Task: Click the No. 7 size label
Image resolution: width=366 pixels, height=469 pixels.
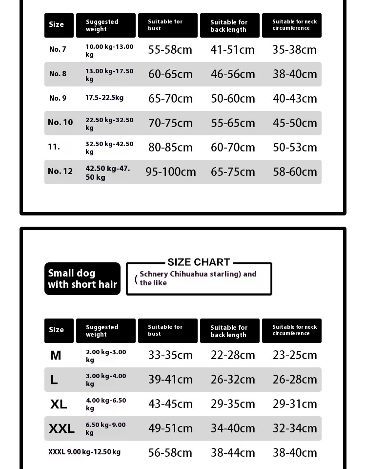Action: [x=58, y=49]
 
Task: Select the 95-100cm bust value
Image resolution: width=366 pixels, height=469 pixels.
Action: [x=170, y=172]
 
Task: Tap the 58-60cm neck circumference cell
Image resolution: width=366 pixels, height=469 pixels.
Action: [x=295, y=172]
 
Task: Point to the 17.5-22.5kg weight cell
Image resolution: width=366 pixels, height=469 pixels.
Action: [x=104, y=98]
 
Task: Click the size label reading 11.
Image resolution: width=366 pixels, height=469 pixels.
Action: [x=54, y=147]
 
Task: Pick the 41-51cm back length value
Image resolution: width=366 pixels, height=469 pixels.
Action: [x=233, y=50]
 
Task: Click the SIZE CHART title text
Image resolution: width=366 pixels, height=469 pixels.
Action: [x=199, y=262]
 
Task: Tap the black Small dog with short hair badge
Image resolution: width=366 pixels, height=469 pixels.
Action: [x=82, y=279]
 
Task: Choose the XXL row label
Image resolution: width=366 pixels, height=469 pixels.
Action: [x=61, y=429]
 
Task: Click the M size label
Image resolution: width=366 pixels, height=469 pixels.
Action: [x=56, y=356]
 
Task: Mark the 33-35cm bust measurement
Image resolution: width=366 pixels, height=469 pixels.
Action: [x=170, y=355]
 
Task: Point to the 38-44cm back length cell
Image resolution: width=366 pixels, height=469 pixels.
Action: [x=233, y=453]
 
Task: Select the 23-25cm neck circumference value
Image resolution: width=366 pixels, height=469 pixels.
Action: [x=295, y=355]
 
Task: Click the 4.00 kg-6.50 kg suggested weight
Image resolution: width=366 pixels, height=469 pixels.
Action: [x=106, y=404]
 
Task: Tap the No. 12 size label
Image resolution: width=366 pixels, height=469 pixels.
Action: [x=60, y=171]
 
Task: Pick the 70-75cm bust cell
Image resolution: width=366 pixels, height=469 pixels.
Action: [x=170, y=123]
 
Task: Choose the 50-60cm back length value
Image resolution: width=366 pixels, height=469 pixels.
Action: [x=233, y=99]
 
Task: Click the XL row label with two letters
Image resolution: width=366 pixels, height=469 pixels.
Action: [x=59, y=405]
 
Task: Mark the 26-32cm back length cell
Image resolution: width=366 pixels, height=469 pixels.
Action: [x=233, y=380]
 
